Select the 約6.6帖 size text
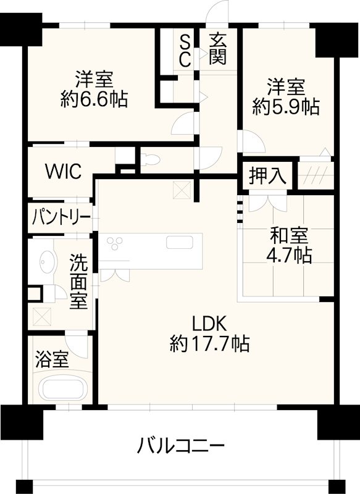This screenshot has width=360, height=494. tap(94, 99)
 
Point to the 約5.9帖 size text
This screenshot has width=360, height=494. tap(286, 106)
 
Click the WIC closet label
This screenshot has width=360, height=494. tap(63, 172)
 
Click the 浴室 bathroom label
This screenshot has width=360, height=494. tap(51, 359)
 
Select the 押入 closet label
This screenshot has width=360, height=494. tap(267, 176)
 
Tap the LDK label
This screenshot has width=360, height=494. tap(210, 323)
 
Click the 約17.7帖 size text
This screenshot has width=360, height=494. tap(210, 343)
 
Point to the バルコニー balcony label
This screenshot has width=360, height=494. tap(182, 445)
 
